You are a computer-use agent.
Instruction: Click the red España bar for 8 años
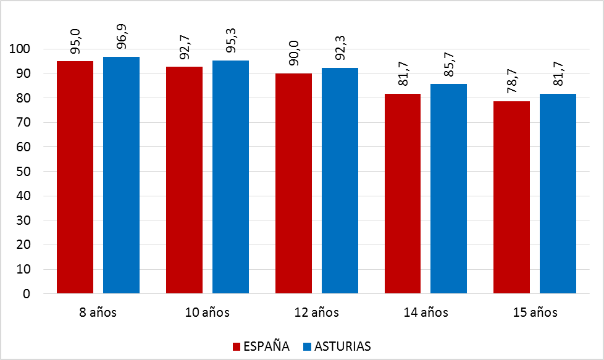75,177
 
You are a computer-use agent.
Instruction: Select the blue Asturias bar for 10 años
230,177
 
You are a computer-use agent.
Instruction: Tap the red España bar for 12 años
293,183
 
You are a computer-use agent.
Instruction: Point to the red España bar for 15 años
512,197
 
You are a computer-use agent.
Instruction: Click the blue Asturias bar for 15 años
558,193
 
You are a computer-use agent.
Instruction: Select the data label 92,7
185,46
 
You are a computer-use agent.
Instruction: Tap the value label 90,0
294,52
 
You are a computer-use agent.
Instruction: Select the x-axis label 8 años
98,312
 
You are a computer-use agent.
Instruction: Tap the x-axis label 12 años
317,312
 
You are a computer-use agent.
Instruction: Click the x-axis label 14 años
426,312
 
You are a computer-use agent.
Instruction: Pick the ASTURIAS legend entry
342,346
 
